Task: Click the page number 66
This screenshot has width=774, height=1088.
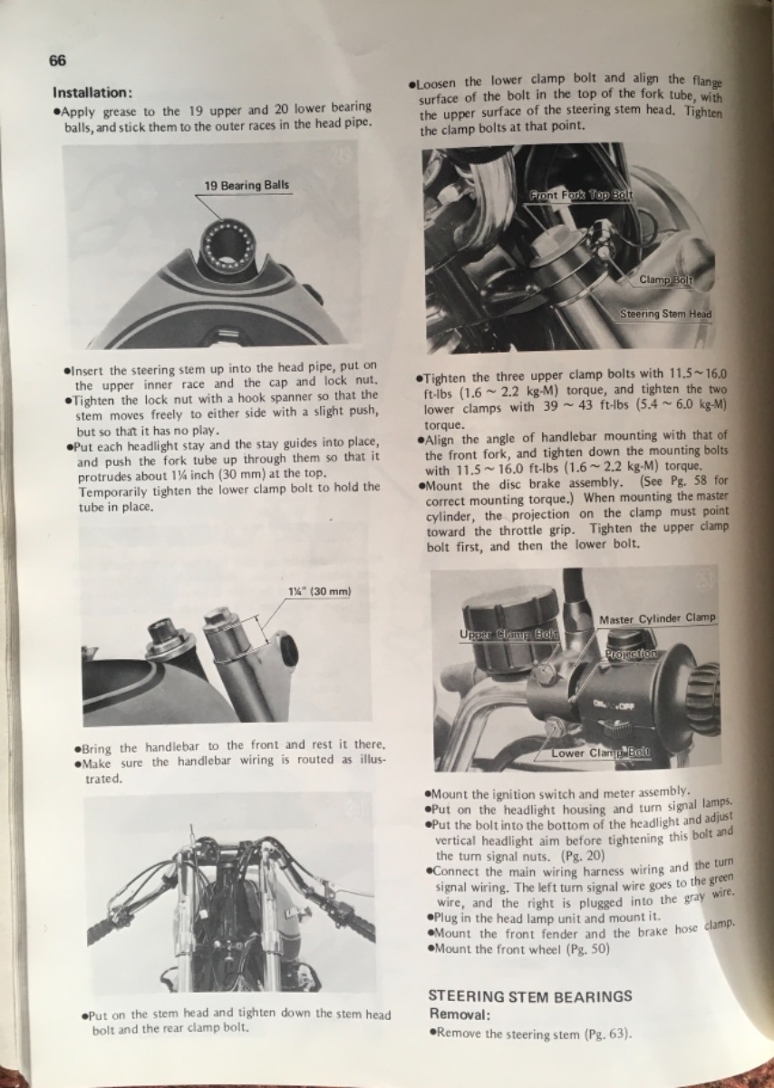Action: click(57, 61)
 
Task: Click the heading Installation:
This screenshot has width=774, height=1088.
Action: click(92, 92)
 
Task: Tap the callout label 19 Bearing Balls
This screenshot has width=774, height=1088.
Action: click(247, 186)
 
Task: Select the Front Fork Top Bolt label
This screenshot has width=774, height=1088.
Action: click(581, 195)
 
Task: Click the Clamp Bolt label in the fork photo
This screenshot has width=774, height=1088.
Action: click(666, 280)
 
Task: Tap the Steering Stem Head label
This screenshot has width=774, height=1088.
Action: click(665, 315)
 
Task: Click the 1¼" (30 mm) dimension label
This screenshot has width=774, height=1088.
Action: click(320, 591)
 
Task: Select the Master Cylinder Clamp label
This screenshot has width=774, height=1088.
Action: click(657, 618)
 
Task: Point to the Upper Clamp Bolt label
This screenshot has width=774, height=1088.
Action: click(509, 635)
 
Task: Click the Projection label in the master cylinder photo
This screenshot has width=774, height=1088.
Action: click(631, 654)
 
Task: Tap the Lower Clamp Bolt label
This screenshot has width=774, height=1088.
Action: click(601, 753)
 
